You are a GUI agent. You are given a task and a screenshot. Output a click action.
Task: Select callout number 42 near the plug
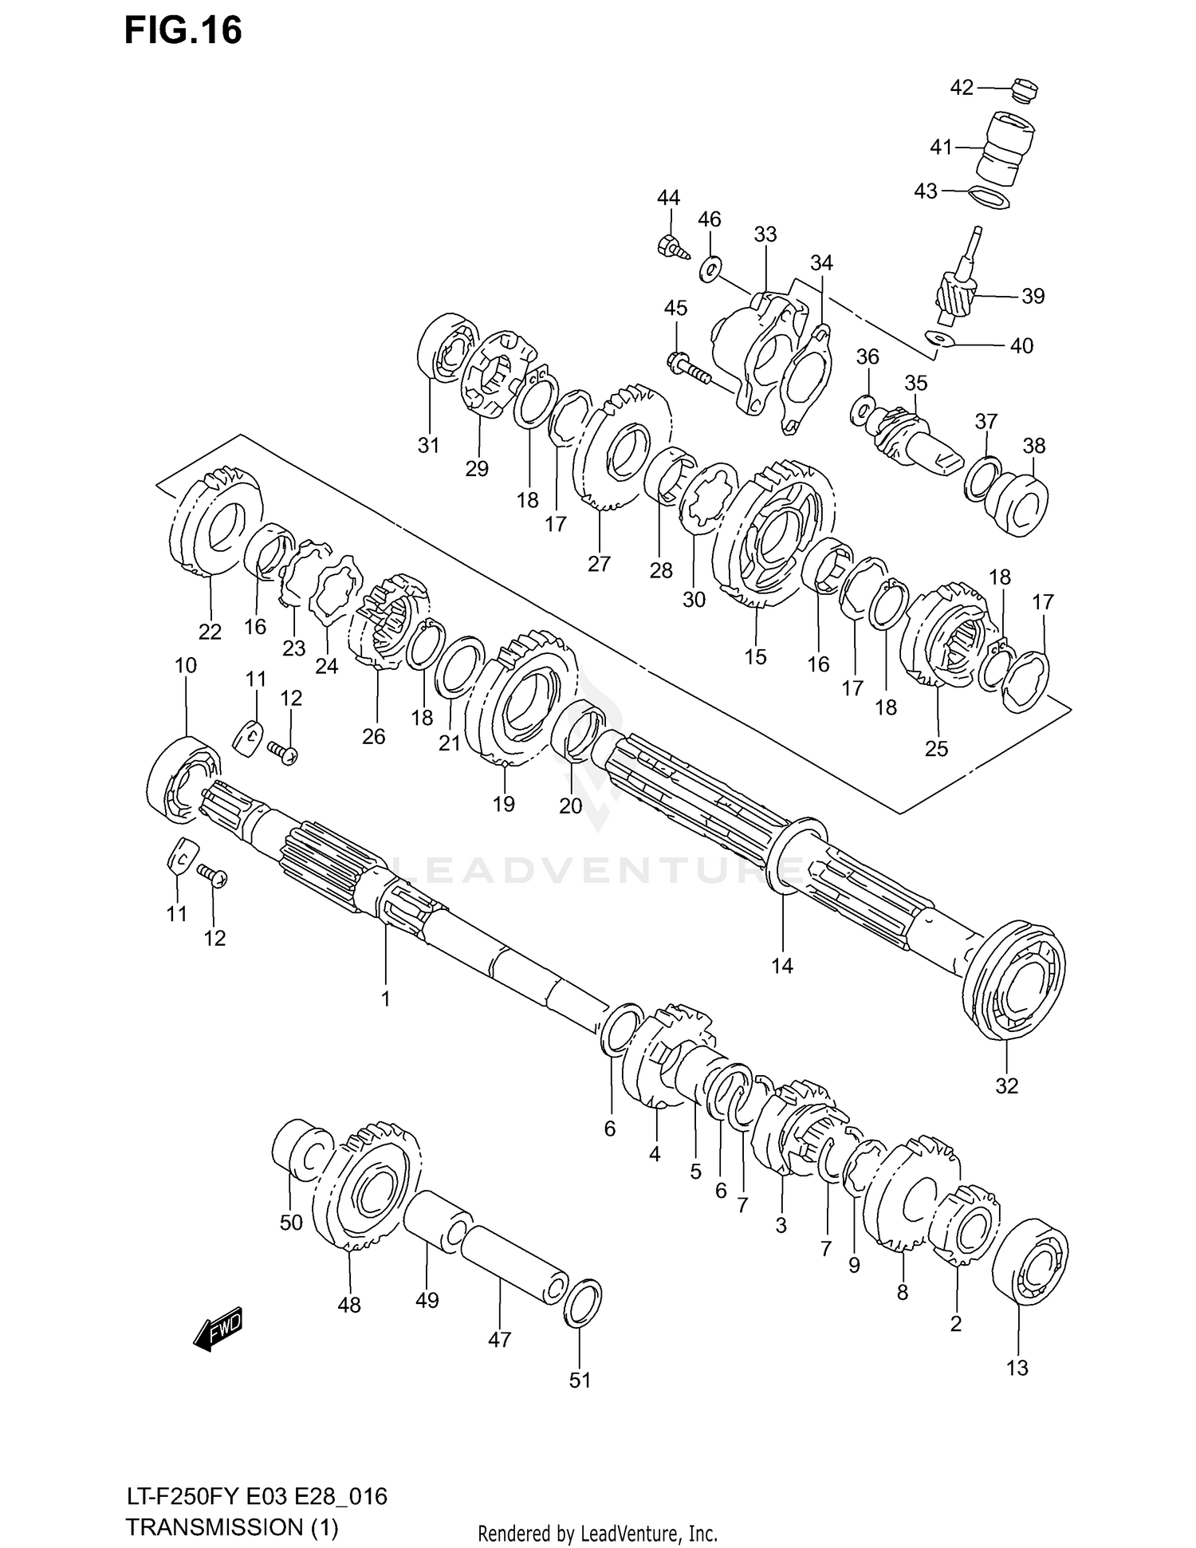(x=962, y=87)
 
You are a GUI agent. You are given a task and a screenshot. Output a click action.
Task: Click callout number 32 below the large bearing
(x=1007, y=1085)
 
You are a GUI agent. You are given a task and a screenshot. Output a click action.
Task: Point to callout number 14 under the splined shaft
(x=782, y=966)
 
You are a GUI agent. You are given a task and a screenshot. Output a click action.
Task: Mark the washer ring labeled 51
(x=583, y=1302)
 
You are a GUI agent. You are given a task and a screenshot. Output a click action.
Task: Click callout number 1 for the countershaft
(x=385, y=999)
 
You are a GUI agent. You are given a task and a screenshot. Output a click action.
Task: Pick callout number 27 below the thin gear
(x=599, y=564)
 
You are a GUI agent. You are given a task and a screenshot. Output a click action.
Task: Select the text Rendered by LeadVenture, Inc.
(x=597, y=1533)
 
